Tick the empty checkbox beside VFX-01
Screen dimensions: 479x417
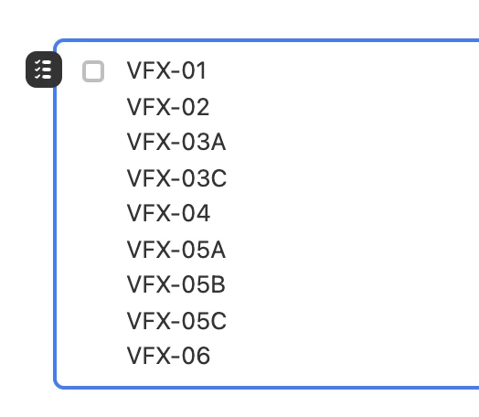(93, 71)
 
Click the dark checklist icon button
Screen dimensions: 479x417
(44, 69)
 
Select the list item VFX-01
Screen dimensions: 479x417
(166, 71)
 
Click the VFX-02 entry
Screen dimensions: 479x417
(168, 107)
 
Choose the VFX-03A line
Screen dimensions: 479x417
(176, 142)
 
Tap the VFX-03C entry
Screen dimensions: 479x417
(176, 178)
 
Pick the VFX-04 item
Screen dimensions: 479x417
(168, 213)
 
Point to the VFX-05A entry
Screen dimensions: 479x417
(176, 250)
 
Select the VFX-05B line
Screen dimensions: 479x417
(176, 284)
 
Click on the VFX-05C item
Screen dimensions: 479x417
(176, 321)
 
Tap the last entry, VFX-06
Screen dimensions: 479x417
(168, 356)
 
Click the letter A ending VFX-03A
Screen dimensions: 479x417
(218, 142)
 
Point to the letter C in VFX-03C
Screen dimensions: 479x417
(218, 178)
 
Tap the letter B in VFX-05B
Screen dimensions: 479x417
(218, 284)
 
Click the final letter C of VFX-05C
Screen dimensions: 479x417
(218, 321)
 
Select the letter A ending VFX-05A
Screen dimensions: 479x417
(218, 250)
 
